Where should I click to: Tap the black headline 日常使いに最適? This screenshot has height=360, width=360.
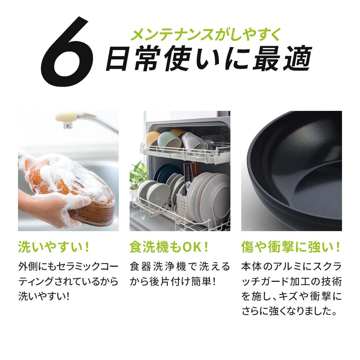pyautogui.click(x=209, y=59)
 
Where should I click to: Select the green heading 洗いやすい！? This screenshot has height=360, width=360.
pyautogui.click(x=54, y=247)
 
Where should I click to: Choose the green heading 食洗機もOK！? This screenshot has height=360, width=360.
pyautogui.click(x=169, y=247)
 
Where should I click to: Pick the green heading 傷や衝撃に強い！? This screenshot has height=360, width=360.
pyautogui.click(x=291, y=247)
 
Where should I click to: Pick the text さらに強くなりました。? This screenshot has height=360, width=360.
pyautogui.click(x=289, y=311)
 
